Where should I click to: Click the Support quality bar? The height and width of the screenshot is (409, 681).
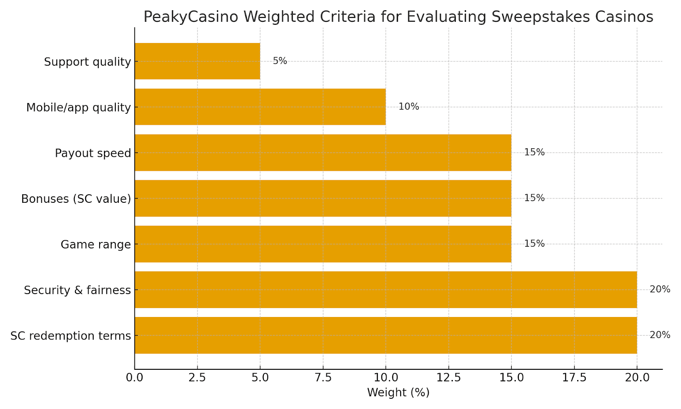tap(197, 61)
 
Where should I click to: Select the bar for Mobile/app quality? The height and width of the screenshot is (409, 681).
tap(260, 107)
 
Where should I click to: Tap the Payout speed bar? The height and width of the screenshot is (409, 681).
tap(323, 153)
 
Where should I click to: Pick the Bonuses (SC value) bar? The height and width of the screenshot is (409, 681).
tap(323, 198)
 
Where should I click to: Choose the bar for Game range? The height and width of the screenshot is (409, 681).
tap(323, 244)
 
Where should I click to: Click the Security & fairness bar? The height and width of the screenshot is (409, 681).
tap(386, 290)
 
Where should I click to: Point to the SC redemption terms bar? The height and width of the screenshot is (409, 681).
tap(386, 335)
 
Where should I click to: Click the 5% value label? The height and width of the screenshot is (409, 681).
tap(280, 61)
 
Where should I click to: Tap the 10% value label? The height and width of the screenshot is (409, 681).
tap(409, 107)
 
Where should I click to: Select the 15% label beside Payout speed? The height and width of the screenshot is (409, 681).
tap(534, 152)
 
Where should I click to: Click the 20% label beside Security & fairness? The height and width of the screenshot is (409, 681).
tap(660, 289)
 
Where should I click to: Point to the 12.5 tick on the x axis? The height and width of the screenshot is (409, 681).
tap(449, 377)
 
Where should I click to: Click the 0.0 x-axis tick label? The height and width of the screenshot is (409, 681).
tap(134, 377)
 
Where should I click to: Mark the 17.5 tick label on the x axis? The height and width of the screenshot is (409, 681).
tap(574, 377)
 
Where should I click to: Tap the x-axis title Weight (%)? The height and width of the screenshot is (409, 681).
tap(398, 392)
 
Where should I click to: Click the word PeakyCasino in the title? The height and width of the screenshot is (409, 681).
tap(191, 17)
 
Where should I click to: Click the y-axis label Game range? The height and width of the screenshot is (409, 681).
tap(96, 245)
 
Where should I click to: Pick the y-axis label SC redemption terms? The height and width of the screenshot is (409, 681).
tap(71, 336)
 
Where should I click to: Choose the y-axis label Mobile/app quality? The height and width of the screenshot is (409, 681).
tap(78, 107)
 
